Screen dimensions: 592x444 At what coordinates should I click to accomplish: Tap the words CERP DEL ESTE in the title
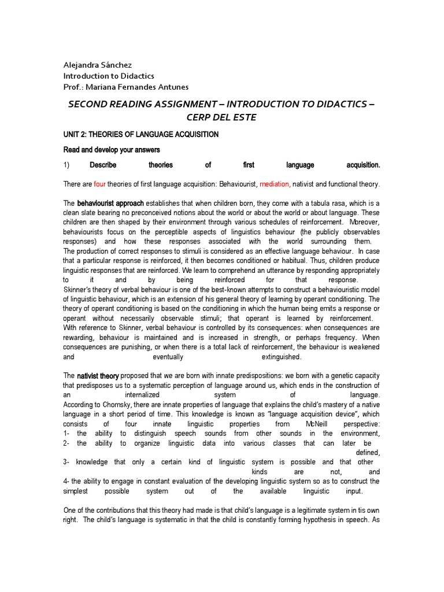coord(221,117)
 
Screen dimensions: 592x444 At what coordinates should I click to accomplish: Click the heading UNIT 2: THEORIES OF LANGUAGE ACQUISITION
coord(140,135)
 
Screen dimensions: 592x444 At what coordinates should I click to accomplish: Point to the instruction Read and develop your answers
coord(112,150)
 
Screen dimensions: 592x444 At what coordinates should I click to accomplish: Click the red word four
coord(100,184)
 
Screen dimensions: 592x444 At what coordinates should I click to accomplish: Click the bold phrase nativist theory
coord(98,376)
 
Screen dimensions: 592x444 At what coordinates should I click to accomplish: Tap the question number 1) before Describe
coord(66,165)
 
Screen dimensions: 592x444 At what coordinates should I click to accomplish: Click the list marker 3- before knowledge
coord(66,462)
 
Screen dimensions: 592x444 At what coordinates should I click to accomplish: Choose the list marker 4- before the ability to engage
coord(66,481)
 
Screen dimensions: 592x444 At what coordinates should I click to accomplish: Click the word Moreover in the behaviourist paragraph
coord(362,223)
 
